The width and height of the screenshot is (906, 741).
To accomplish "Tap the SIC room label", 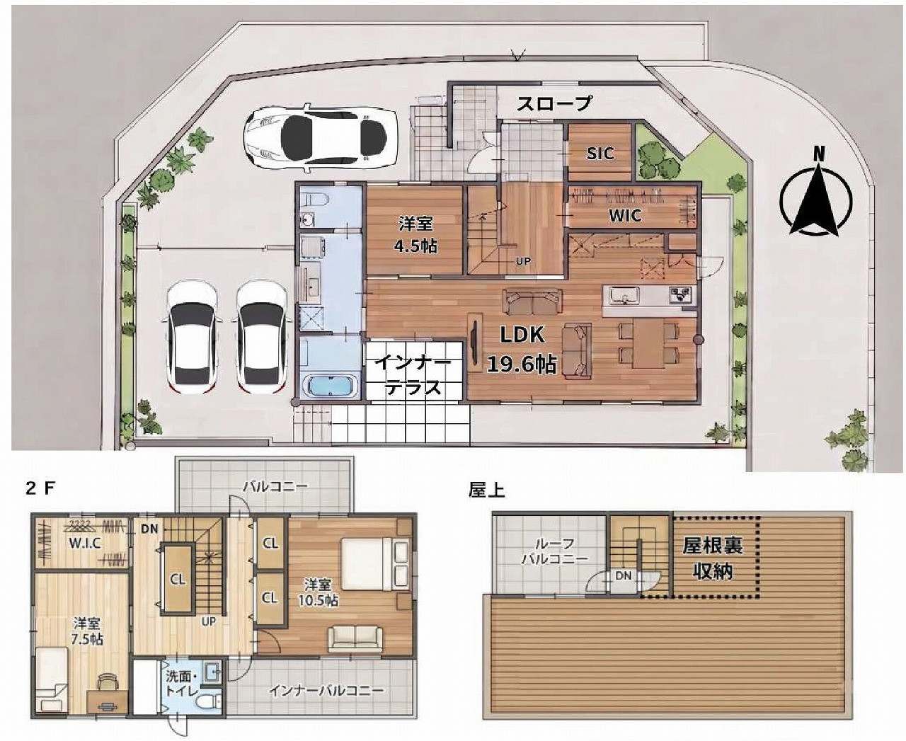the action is pos(600,153).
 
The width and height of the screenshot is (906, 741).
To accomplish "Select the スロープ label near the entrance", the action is pos(554,103).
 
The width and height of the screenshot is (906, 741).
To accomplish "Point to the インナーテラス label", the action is pos(413,375).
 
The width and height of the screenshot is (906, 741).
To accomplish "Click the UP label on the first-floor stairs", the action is pos(523,260).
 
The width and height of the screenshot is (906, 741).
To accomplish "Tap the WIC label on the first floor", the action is pos(626,215).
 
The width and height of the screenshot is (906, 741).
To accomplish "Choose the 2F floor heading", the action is pos(40,489).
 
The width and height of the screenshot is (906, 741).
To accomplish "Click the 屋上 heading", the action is pos(487,490).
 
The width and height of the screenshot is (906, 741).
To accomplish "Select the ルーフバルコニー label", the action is pos(555,551).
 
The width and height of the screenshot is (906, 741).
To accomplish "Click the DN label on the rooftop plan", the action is pos(623,575).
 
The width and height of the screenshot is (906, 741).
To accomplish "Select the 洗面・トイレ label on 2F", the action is pos(182,684).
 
